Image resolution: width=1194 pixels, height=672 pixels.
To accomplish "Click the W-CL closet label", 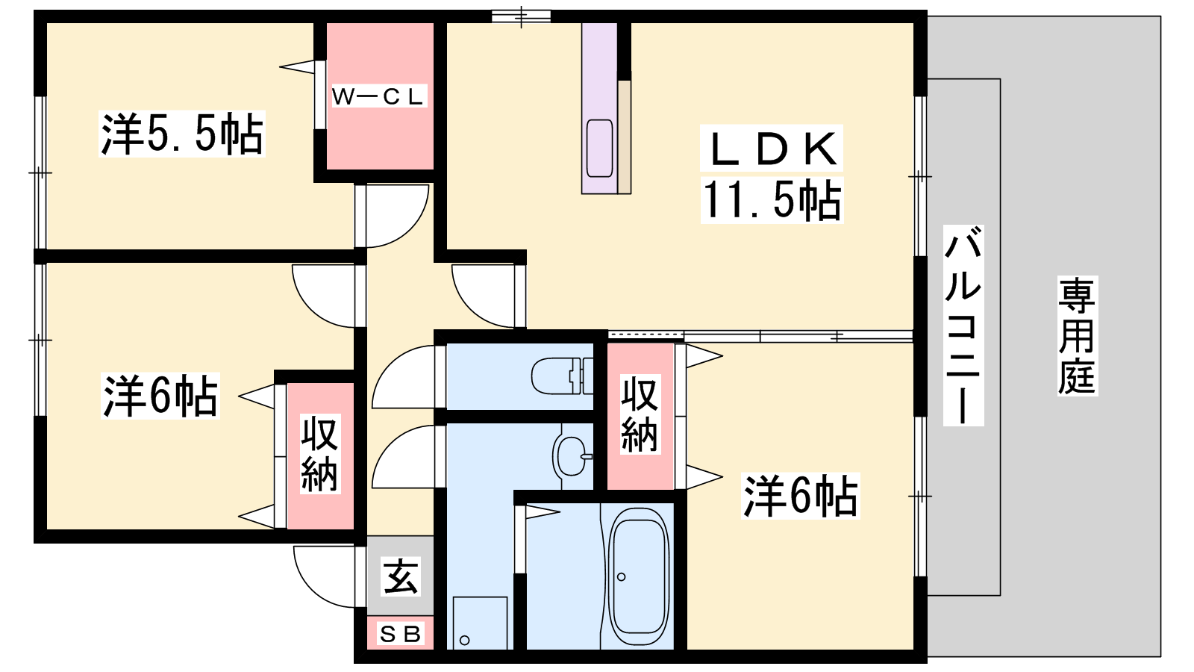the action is click(378, 96).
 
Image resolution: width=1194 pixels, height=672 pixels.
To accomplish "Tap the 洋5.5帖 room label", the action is click(182, 134).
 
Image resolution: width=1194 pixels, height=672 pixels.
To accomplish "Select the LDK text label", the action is click(772, 149).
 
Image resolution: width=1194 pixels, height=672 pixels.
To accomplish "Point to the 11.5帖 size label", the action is click(772, 200).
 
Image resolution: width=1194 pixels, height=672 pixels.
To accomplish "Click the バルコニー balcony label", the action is click(963, 325).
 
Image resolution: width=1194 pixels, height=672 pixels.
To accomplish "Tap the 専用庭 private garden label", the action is click(1078, 335).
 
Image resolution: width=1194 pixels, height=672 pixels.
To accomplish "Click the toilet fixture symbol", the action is click(563, 376).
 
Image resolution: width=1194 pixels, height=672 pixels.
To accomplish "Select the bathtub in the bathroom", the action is click(639, 576).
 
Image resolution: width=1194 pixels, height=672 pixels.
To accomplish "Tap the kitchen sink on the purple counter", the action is click(600, 148).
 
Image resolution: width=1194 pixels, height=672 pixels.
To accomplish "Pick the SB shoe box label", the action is click(400, 634).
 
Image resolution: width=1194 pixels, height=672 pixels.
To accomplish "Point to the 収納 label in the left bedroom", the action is click(320, 455).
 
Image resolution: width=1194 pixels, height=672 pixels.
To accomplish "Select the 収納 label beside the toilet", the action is click(640, 414).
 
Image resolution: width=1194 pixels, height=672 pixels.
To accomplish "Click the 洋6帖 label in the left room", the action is click(160, 396).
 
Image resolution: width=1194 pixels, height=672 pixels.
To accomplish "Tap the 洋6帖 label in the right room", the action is click(800, 496).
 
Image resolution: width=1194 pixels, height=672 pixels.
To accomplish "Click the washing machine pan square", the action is click(480, 623).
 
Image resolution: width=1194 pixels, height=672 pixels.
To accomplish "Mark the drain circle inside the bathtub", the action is click(621, 576).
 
